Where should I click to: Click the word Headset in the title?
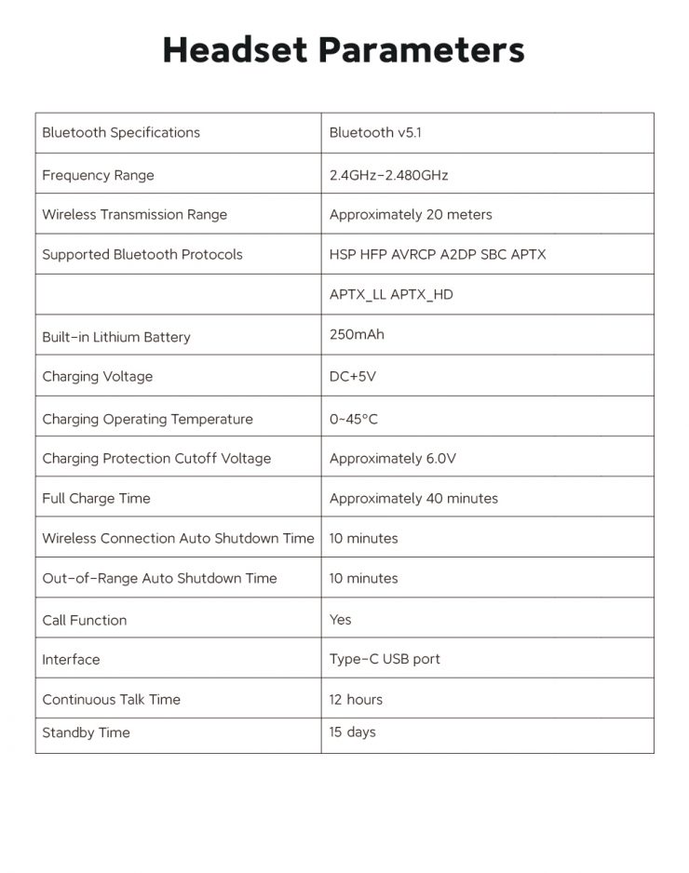point(234,49)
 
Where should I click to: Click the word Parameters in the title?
point(420,49)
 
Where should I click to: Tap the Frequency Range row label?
point(98,175)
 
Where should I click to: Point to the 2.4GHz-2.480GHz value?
point(388,175)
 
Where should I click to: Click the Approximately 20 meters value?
point(411,215)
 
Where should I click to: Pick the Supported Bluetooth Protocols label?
point(142,255)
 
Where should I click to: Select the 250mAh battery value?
point(357,334)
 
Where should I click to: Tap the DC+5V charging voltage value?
point(353,377)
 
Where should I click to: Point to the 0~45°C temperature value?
point(354,419)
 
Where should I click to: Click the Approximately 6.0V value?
point(393,459)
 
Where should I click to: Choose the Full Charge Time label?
point(96,499)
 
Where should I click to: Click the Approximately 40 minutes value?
point(413,499)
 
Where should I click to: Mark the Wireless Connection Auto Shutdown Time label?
point(178,539)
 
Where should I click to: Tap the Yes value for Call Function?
point(341,620)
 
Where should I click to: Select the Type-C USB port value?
point(385,660)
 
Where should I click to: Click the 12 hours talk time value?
point(356,700)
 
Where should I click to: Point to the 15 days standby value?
point(352,732)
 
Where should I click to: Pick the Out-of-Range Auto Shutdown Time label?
point(159,579)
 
